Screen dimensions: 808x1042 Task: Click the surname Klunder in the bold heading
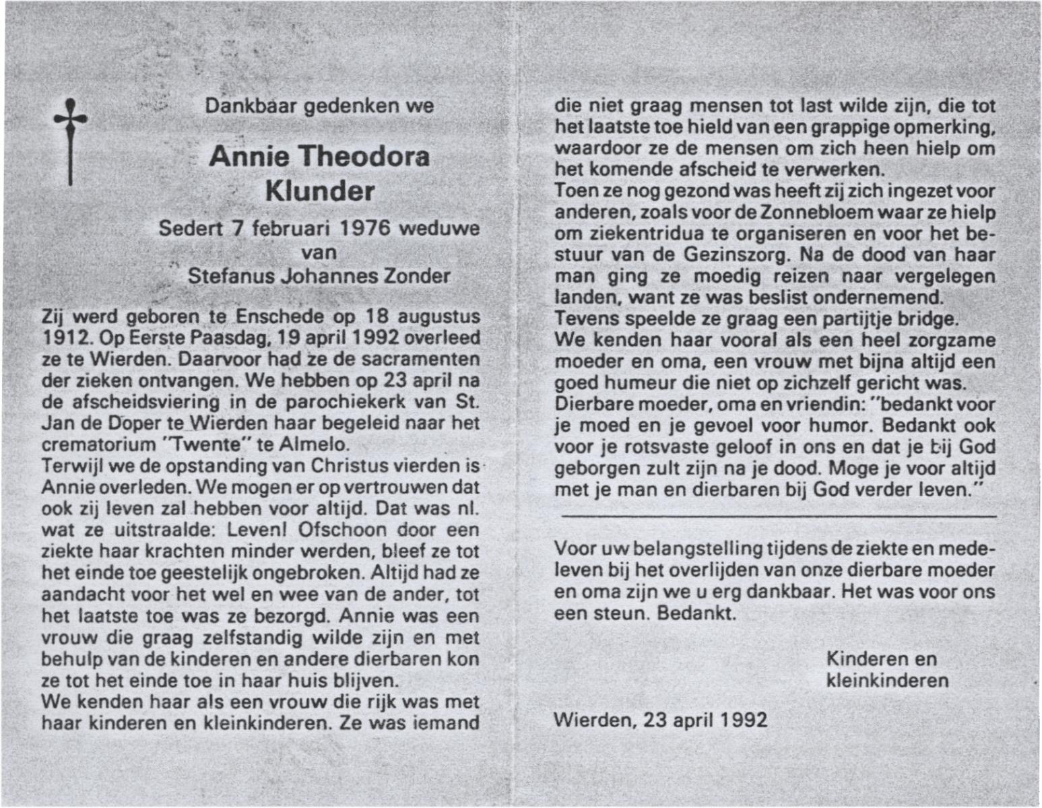pyautogui.click(x=320, y=191)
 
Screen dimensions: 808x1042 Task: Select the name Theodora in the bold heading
pyautogui.click(x=364, y=157)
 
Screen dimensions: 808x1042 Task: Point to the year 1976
pyautogui.click(x=364, y=228)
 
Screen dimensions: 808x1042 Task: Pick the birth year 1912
pyautogui.click(x=60, y=338)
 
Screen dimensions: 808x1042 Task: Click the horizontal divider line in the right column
pyautogui.click(x=778, y=516)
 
